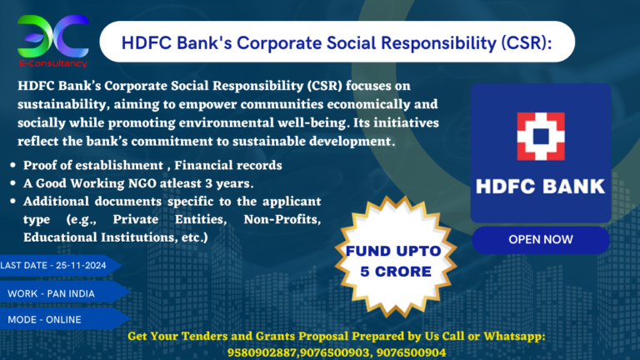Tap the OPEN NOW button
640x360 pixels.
point(540,239)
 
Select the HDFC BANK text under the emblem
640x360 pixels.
point(541,184)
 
